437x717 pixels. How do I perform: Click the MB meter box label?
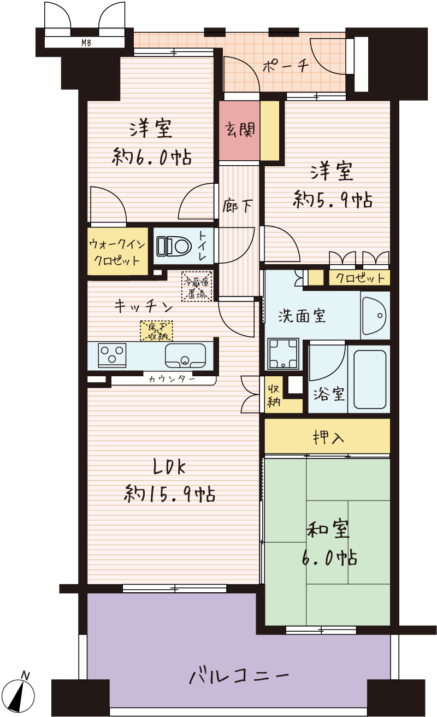tap(86, 43)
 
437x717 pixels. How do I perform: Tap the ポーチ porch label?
tap(286, 66)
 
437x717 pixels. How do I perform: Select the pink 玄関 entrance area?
tap(239, 130)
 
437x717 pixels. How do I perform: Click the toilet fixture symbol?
tap(174, 246)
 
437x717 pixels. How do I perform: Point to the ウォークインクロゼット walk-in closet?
tap(117, 251)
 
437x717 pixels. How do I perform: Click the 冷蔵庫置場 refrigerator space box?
tap(197, 286)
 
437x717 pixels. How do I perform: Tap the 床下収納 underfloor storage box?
tap(156, 331)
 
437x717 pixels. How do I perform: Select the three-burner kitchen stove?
tap(112, 355)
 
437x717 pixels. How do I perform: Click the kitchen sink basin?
tap(185, 355)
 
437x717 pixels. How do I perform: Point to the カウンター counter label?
tap(172, 380)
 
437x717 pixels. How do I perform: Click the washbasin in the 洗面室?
tap(375, 316)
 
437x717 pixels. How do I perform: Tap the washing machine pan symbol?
tap(283, 354)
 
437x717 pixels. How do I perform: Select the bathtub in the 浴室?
tap(370, 380)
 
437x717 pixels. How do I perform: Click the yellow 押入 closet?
tap(327, 436)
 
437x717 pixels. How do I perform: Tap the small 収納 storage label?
tap(274, 395)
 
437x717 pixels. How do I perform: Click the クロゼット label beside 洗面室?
tap(360, 278)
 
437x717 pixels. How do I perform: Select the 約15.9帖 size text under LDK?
tap(170, 494)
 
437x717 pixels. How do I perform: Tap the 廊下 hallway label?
tap(238, 206)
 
